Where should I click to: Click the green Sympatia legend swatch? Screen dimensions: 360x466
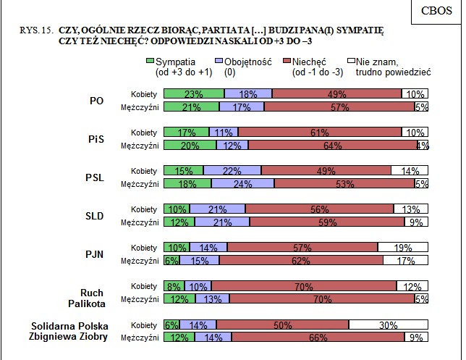tap(151, 62)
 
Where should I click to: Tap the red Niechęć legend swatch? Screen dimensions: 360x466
tap(287, 62)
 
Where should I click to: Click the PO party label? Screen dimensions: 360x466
tap(96, 101)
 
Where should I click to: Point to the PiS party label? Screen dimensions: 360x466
tap(96, 139)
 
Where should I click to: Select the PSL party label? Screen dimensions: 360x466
tap(94, 177)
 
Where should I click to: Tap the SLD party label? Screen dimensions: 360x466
tap(94, 216)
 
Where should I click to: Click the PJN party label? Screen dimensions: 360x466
tap(94, 254)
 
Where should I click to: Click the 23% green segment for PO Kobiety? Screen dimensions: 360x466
tap(194, 94)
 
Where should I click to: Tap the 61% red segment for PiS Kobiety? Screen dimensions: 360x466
tap(319, 133)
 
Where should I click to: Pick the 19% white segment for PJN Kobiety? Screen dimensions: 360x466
tap(403, 248)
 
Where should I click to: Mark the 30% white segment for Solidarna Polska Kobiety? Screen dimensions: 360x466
tap(389, 325)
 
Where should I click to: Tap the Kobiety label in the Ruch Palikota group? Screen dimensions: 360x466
tap(144, 286)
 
